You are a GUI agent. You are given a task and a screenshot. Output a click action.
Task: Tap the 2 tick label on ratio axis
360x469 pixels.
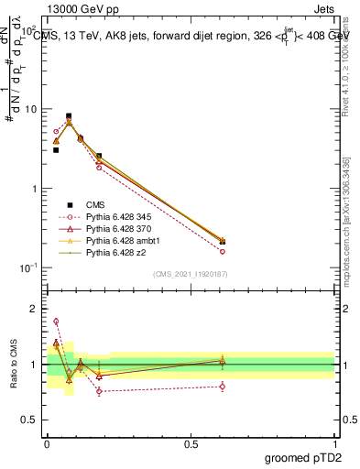click(32, 309)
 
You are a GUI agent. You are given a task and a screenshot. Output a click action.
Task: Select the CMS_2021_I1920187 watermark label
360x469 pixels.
click(191, 274)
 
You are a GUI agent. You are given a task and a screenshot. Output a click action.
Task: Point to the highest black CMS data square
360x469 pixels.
click(69, 116)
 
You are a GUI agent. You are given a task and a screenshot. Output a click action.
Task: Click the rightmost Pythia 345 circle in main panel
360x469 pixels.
click(223, 251)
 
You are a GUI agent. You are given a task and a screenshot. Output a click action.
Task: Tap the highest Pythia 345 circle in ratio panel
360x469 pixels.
click(56, 322)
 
